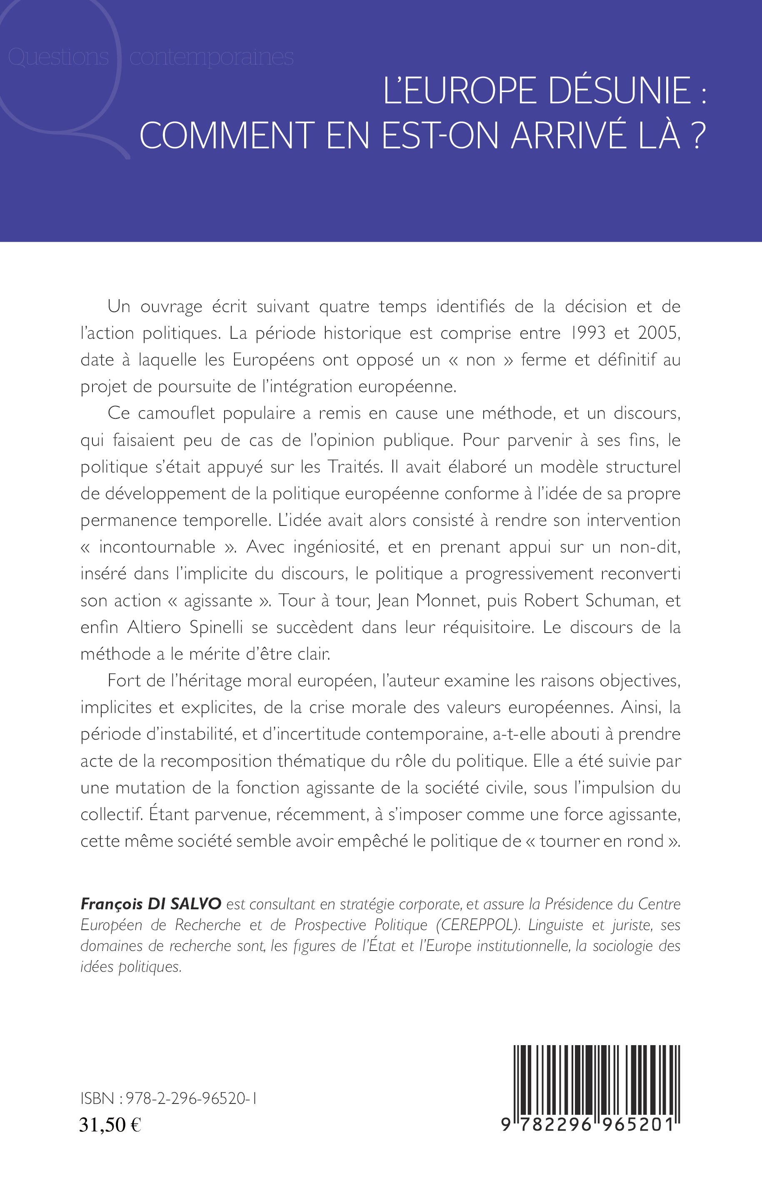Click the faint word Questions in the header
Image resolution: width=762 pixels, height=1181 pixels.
coord(58,58)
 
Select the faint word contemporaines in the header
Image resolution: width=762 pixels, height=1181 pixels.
coord(211,58)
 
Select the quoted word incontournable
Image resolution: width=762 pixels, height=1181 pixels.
coord(157,547)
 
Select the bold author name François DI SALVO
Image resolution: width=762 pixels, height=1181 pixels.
coord(150,904)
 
